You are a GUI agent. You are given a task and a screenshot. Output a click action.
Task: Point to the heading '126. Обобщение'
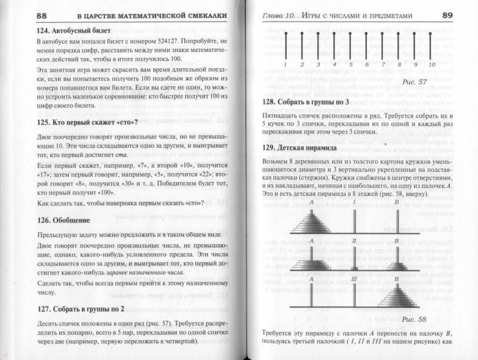pos(67,220)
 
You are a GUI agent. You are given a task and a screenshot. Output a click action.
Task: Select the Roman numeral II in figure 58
pos(354,241)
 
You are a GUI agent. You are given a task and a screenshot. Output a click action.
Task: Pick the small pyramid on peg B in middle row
pos(395,263)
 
